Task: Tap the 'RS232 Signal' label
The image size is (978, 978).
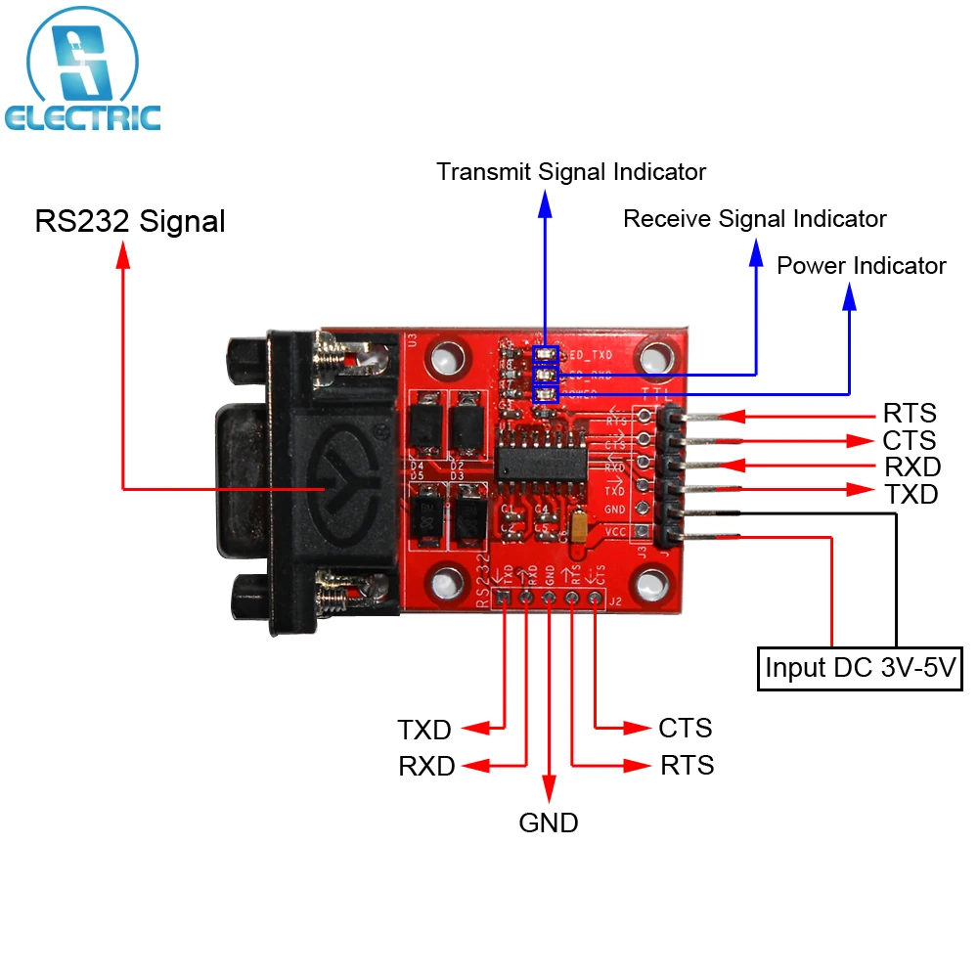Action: [x=130, y=221]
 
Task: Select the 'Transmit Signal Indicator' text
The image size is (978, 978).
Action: [x=571, y=172]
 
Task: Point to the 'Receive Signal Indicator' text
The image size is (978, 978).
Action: [x=754, y=218]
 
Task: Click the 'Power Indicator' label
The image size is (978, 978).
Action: [x=861, y=265]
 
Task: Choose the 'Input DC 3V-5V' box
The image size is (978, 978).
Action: [x=860, y=669]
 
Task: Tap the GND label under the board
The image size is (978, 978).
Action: [x=548, y=822]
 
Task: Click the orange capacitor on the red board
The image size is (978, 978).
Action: [x=579, y=528]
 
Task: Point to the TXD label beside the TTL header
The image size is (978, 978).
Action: [x=911, y=494]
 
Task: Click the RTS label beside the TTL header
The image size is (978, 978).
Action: [x=910, y=413]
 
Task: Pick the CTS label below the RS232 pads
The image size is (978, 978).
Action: [x=685, y=728]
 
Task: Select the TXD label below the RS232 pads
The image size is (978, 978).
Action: [x=424, y=730]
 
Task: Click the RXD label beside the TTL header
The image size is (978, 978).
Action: [x=911, y=467]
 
